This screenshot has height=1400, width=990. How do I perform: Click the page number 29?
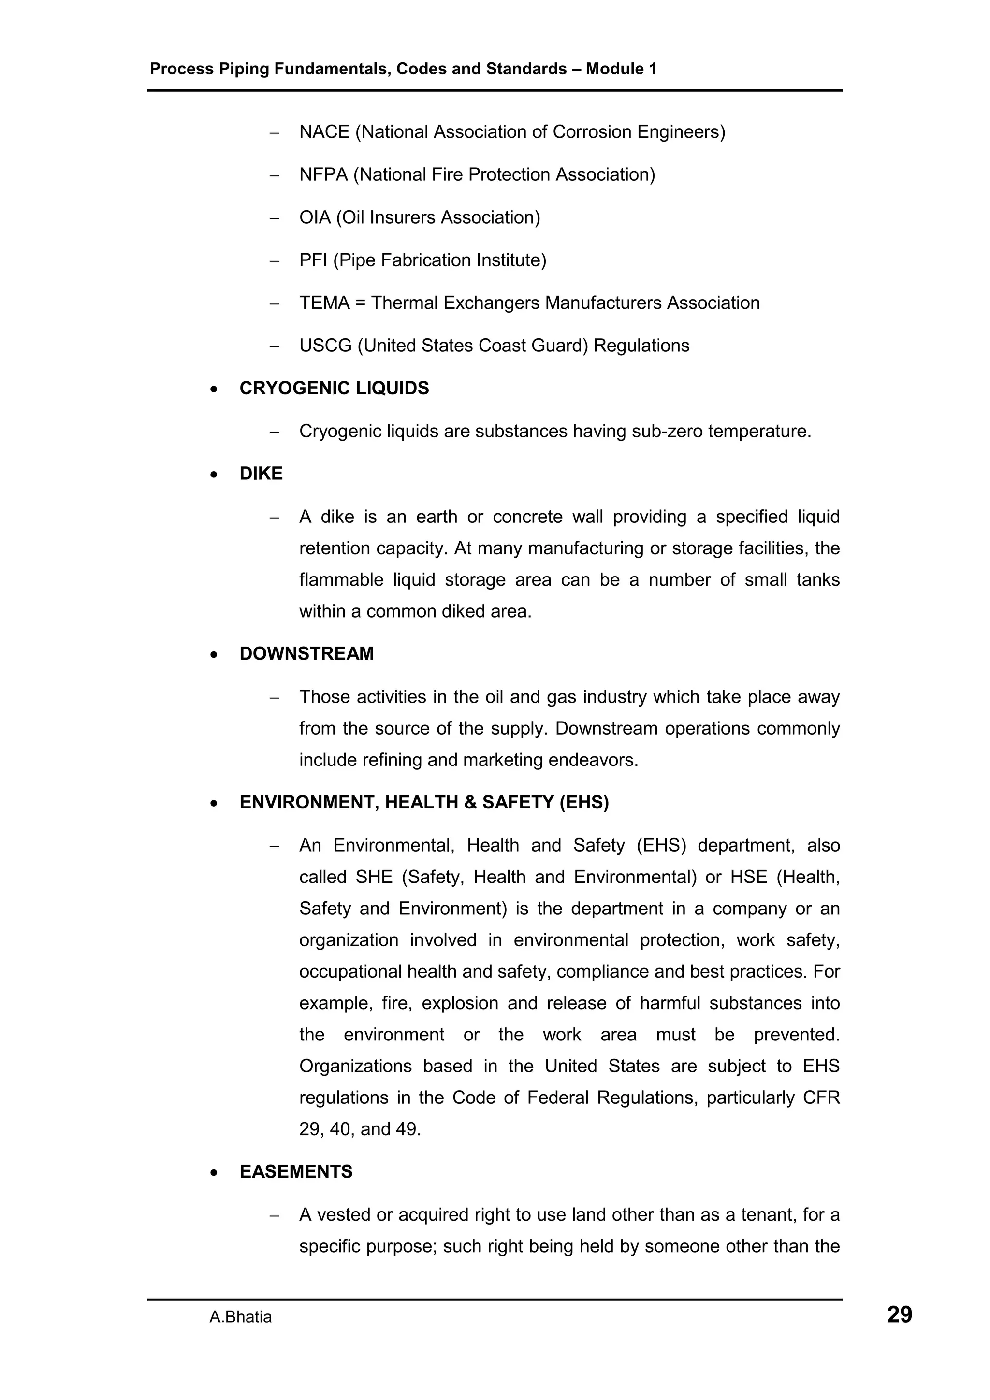pyautogui.click(x=899, y=1315)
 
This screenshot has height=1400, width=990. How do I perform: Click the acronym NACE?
pyautogui.click(x=324, y=132)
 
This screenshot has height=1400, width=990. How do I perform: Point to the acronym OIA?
pyautogui.click(x=315, y=217)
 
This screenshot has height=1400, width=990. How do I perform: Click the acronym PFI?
pyautogui.click(x=313, y=260)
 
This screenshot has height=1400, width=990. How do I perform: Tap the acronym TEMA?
pyautogui.click(x=324, y=303)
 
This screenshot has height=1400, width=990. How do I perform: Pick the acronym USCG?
pyautogui.click(x=325, y=345)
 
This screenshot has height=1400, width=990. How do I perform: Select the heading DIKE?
pyautogui.click(x=261, y=473)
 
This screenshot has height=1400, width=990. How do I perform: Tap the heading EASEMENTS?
pyautogui.click(x=296, y=1171)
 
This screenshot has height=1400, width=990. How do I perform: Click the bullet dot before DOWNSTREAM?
pyautogui.click(x=214, y=655)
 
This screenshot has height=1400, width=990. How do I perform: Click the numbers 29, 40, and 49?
pyautogui.click(x=360, y=1129)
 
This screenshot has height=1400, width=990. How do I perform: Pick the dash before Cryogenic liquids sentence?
pyautogui.click(x=274, y=432)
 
